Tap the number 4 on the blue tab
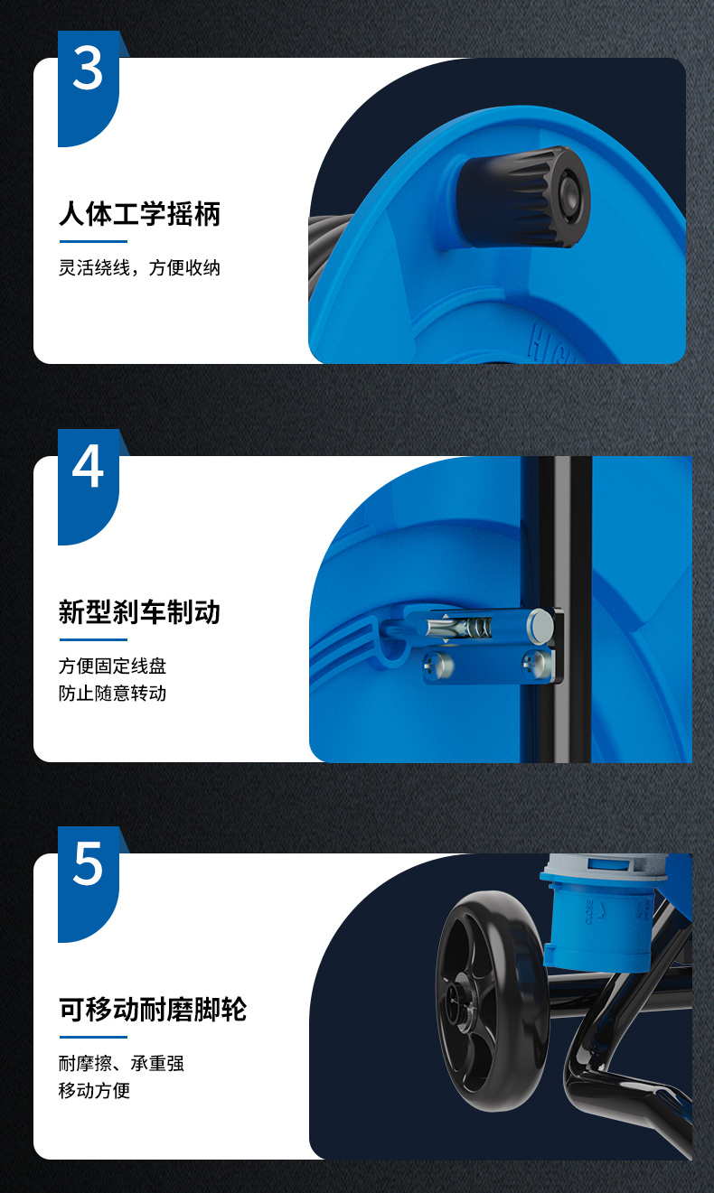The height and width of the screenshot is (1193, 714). click(x=88, y=466)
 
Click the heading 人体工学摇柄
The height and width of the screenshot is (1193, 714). click(x=139, y=214)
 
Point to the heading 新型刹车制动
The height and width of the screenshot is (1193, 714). click(x=139, y=612)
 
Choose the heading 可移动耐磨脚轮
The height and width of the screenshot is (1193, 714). click(x=153, y=1010)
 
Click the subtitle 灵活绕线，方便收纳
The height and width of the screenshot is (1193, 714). click(x=139, y=267)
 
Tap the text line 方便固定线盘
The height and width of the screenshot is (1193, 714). click(x=112, y=666)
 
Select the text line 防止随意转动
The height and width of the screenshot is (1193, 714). click(x=112, y=693)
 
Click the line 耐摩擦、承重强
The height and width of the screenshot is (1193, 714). click(x=121, y=1063)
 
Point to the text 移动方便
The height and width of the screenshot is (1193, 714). click(x=94, y=1090)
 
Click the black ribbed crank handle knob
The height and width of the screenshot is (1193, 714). click(x=523, y=197)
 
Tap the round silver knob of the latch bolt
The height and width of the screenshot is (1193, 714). click(x=540, y=624)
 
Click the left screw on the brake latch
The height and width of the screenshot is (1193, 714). click(x=438, y=666)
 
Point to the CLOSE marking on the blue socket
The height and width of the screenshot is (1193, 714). click(x=589, y=912)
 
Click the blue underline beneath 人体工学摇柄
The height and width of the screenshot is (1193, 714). click(x=93, y=241)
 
